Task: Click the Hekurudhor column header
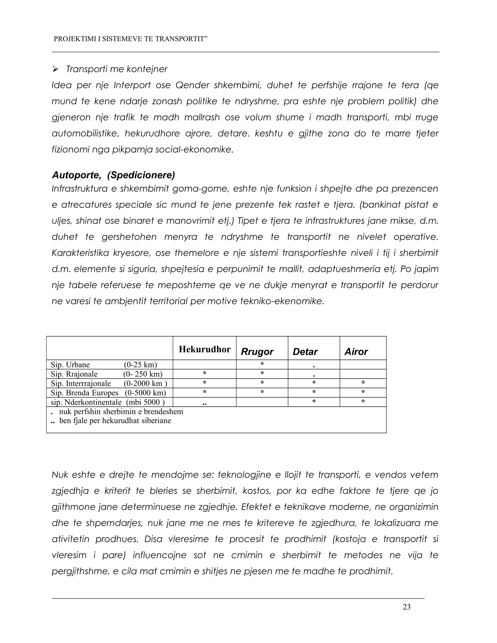[x=204, y=349]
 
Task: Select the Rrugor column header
[x=257, y=352]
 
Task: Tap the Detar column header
[x=305, y=352]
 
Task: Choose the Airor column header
[x=356, y=352]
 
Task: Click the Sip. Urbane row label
[x=70, y=365]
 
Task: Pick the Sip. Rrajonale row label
[x=74, y=374]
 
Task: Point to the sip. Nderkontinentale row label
[x=86, y=402]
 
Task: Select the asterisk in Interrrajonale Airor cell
[x=363, y=383]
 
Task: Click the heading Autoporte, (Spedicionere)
[x=113, y=175]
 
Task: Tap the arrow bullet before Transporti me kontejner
[x=55, y=69]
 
